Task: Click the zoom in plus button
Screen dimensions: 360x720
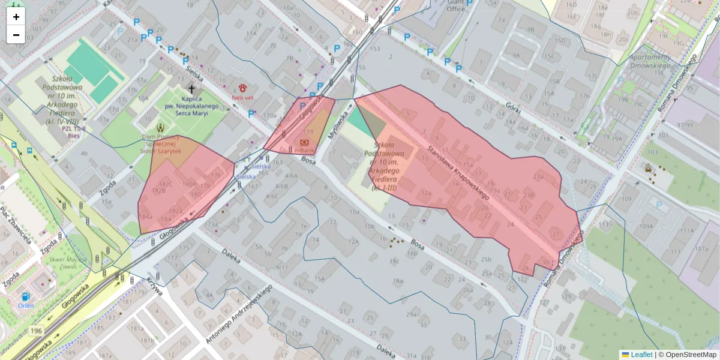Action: (x=16, y=17)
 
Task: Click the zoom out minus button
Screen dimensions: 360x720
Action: (x=16, y=35)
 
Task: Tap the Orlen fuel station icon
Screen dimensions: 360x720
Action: (x=25, y=296)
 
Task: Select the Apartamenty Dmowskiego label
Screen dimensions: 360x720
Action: (x=649, y=61)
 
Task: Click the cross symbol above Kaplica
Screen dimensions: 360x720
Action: (x=191, y=88)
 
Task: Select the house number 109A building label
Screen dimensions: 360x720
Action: (x=646, y=226)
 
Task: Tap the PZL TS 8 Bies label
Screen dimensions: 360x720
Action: (x=74, y=132)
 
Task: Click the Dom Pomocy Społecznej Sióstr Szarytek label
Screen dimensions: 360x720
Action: (x=161, y=144)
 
